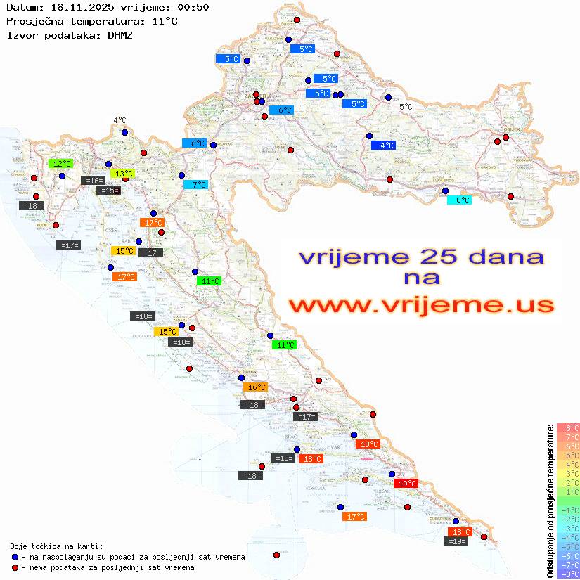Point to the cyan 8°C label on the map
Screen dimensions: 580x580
460,200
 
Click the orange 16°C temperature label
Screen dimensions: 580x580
255,387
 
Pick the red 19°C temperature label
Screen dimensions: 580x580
406,484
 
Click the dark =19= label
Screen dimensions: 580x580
457,541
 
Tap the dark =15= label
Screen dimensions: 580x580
108,191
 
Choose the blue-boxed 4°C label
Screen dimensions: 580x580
384,146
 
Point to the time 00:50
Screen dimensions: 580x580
193,8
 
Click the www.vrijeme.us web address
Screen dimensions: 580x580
421,306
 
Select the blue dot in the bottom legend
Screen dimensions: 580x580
15,557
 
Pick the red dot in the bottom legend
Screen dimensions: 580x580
15,567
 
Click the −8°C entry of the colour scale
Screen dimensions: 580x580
568,574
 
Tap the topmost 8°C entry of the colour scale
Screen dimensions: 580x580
568,428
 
